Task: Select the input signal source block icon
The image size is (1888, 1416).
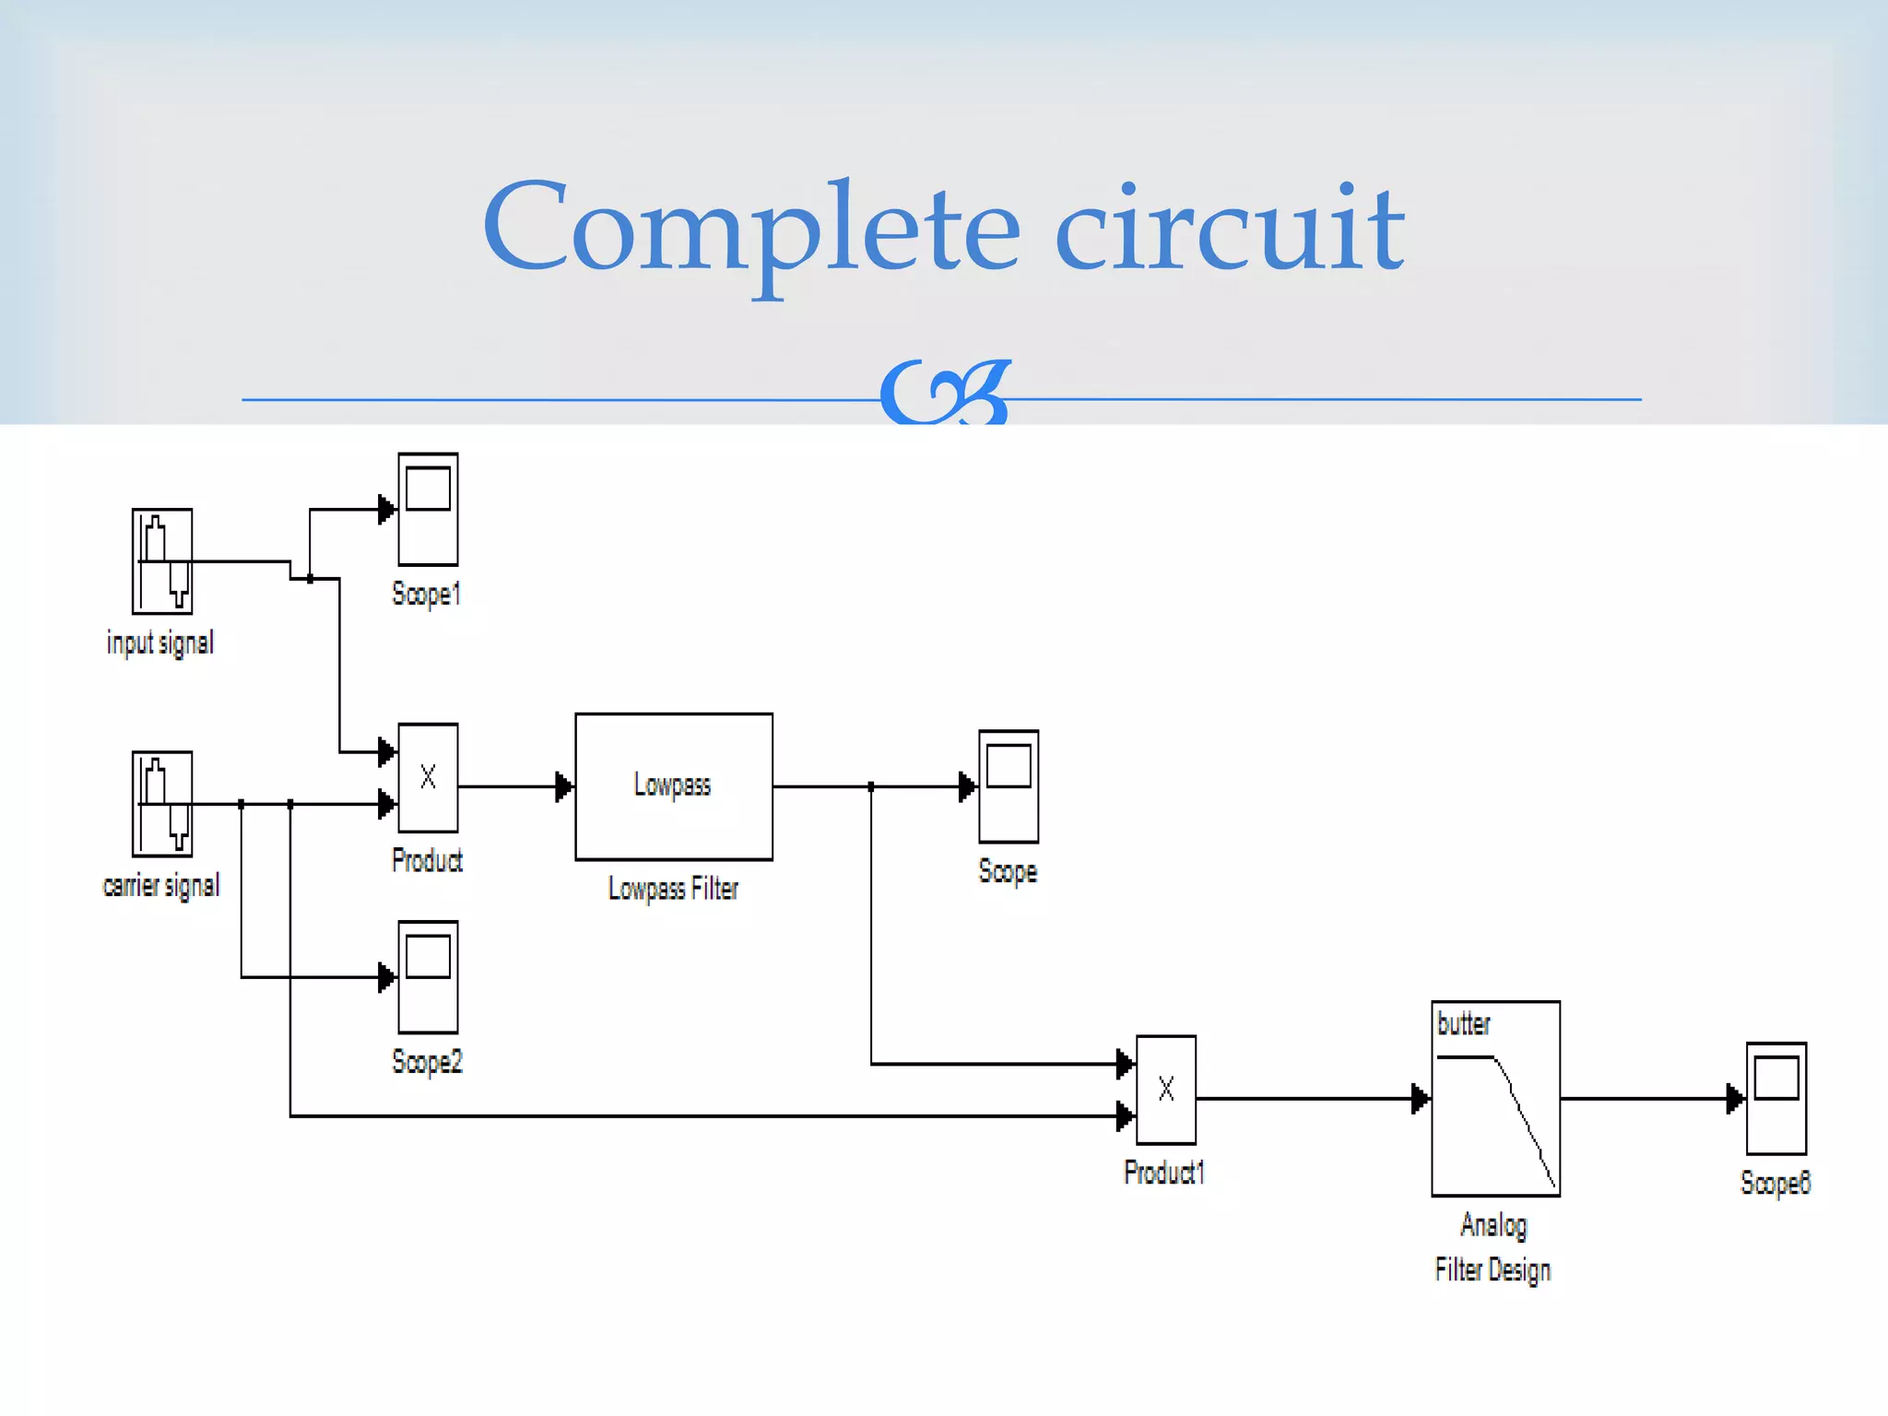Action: [162, 560]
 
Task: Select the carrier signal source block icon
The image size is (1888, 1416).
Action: [162, 804]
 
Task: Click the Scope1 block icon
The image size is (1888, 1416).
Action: [428, 509]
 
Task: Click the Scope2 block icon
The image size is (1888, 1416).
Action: [428, 977]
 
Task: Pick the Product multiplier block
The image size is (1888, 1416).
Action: [428, 778]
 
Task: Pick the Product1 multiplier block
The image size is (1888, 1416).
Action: [1166, 1090]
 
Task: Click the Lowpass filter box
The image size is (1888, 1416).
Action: [674, 786]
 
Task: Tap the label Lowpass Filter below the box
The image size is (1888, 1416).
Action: [673, 889]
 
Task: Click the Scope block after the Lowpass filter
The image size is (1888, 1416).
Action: [1009, 786]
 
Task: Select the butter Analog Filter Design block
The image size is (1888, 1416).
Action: [1495, 1099]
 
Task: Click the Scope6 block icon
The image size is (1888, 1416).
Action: [1776, 1099]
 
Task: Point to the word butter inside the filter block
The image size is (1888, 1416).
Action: [1463, 1024]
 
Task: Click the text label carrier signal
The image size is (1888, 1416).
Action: [161, 886]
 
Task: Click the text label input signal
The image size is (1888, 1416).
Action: [160, 643]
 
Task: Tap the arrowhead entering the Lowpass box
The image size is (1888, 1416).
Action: [564, 787]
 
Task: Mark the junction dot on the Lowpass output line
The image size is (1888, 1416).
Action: [871, 787]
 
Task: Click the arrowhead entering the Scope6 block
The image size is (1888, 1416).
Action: [1735, 1099]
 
